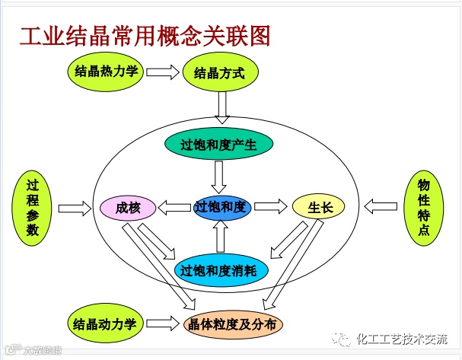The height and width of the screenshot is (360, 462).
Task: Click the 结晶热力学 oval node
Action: coord(107,72)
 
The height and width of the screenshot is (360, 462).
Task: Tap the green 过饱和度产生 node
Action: coord(220,145)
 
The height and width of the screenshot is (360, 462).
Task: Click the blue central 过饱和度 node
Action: coord(221,206)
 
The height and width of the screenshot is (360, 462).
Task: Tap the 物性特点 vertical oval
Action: coord(423,207)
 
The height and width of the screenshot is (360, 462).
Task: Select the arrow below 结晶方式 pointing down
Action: coord(221,107)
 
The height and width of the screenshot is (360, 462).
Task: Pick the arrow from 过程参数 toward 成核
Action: coord(74,208)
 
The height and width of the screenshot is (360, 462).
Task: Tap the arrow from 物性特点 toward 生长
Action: coord(381,207)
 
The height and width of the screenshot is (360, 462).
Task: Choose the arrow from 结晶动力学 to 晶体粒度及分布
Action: coord(161,324)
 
